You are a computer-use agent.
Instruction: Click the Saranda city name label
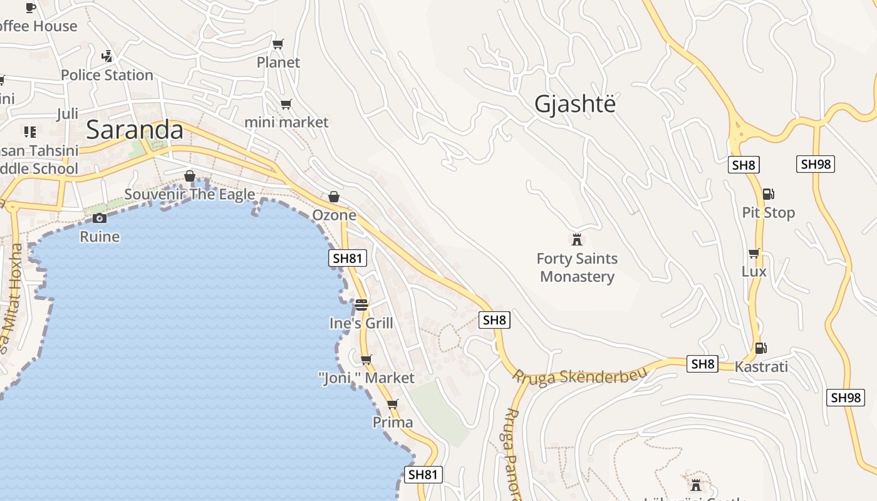135,130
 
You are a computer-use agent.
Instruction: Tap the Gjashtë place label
574,104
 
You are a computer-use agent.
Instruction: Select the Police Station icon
107,56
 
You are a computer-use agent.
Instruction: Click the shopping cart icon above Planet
278,44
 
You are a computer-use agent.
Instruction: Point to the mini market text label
286,121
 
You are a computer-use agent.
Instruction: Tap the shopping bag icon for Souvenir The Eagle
190,176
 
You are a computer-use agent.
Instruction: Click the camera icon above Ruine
99,218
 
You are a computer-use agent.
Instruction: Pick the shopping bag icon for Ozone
334,197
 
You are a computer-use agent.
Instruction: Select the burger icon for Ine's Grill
361,305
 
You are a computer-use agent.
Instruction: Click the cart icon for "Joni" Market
366,359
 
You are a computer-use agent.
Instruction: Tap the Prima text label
393,422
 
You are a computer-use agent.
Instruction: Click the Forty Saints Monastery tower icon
576,239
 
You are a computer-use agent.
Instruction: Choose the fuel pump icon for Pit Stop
768,194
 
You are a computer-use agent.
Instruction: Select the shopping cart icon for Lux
754,253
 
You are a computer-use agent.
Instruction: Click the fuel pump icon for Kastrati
760,348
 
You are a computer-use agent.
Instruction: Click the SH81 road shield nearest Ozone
348,258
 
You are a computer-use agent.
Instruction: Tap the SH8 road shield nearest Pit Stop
744,165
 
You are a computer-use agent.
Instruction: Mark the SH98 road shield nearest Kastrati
846,397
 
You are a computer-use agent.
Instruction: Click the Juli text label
68,114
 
